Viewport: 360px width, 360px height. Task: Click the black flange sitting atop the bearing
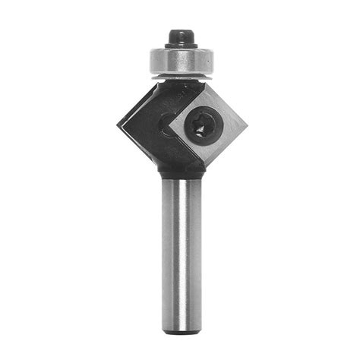tap(181, 47)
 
